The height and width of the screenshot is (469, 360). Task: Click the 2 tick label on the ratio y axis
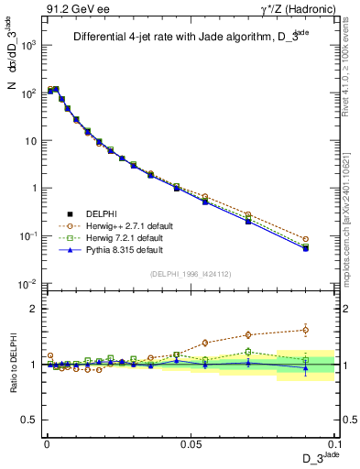click(x=35, y=309)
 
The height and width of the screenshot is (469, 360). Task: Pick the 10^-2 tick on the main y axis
click(x=29, y=283)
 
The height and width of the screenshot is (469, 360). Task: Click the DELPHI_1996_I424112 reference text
click(x=190, y=273)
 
